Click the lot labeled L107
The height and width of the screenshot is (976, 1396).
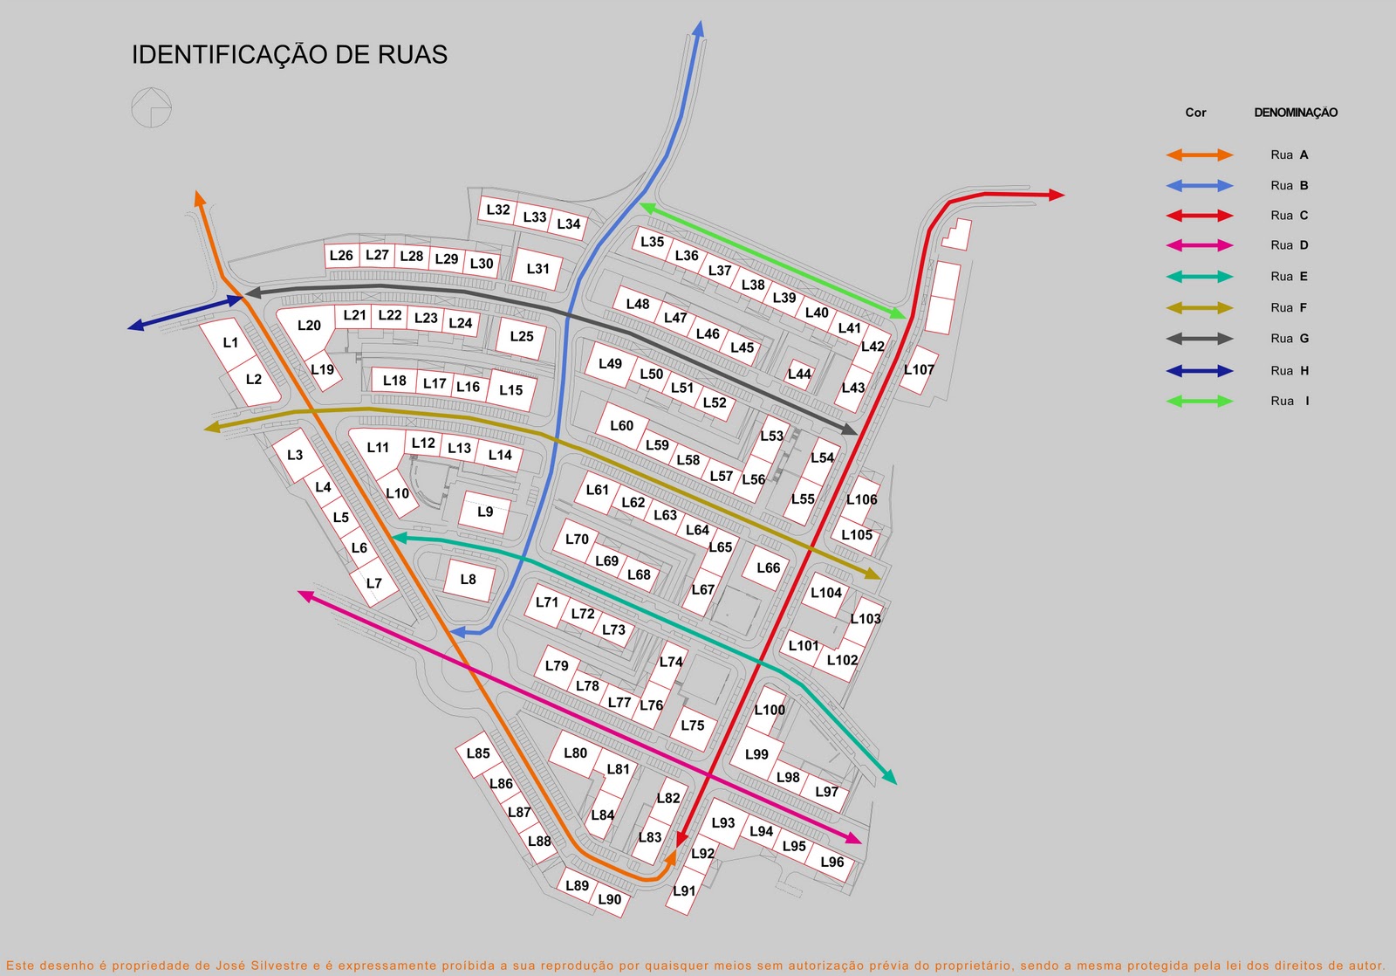[919, 370]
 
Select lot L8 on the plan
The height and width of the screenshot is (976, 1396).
[469, 580]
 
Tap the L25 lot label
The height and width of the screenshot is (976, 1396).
[522, 336]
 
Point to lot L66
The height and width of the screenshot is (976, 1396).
[768, 568]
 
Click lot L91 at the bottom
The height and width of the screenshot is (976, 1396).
[684, 891]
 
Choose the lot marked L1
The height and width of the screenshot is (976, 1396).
[230, 343]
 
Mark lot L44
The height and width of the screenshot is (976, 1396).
[799, 375]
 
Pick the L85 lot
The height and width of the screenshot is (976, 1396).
[478, 753]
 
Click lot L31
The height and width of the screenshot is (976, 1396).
[538, 269]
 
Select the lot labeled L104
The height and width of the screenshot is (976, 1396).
[825, 593]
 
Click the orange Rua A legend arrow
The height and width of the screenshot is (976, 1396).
[1200, 155]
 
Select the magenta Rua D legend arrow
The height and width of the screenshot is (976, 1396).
[1200, 246]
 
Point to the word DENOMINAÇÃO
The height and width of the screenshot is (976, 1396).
[1296, 113]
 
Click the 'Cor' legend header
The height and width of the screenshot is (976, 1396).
[1195, 113]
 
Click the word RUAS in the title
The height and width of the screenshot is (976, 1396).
[413, 55]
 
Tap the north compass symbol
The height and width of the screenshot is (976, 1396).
[151, 108]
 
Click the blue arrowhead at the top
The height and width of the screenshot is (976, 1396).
[698, 29]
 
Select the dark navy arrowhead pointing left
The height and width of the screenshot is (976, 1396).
[136, 326]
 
